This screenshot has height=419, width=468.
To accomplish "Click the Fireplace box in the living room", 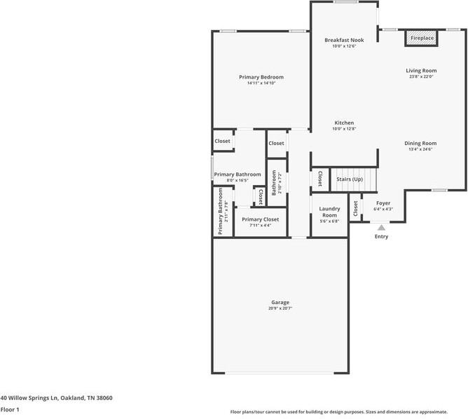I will pyautogui.click(x=422, y=38).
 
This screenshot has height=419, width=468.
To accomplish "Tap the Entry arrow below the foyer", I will pyautogui.click(x=380, y=228).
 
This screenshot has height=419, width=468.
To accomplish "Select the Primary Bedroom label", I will pyautogui.click(x=261, y=77).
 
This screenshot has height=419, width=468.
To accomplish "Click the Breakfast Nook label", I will pyautogui.click(x=344, y=40).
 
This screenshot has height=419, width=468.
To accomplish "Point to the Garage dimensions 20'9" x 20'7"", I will pyautogui.click(x=280, y=308).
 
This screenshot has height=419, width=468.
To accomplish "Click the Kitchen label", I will pyautogui.click(x=344, y=123).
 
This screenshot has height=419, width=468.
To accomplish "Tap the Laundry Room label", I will pyautogui.click(x=329, y=212).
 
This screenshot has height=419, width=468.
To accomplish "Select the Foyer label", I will pyautogui.click(x=383, y=202).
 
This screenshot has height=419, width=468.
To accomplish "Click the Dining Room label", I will pyautogui.click(x=420, y=143).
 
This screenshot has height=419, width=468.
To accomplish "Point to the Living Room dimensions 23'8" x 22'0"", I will pyautogui.click(x=421, y=77).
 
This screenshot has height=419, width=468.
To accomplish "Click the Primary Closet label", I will pyautogui.click(x=260, y=219).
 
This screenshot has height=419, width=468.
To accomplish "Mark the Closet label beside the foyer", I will pyautogui.click(x=356, y=209).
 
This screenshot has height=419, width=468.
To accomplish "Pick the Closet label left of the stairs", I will pyautogui.click(x=320, y=179).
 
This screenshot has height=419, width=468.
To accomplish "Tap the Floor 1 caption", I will pyautogui.click(x=10, y=409).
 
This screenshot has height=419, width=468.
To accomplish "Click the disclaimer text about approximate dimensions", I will pyautogui.click(x=348, y=412).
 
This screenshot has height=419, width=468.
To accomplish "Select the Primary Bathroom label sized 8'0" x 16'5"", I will pyautogui.click(x=238, y=174).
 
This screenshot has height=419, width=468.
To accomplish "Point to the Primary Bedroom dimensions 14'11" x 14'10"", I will pyautogui.click(x=261, y=83).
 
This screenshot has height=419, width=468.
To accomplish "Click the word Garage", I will pyautogui.click(x=280, y=302).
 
